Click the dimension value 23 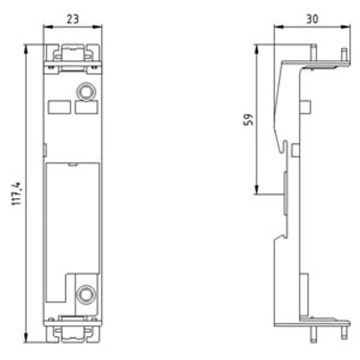pyautogui.click(x=73, y=19)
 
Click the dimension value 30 pyautogui.click(x=312, y=19)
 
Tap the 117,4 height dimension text pyautogui.click(x=17, y=193)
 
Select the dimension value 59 pyautogui.click(x=248, y=119)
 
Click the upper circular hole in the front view pyautogui.click(x=86, y=92)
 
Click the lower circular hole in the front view pyautogui.click(x=86, y=294)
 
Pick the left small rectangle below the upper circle pyautogui.click(x=59, y=107)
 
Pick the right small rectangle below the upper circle pyautogui.click(x=86, y=107)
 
